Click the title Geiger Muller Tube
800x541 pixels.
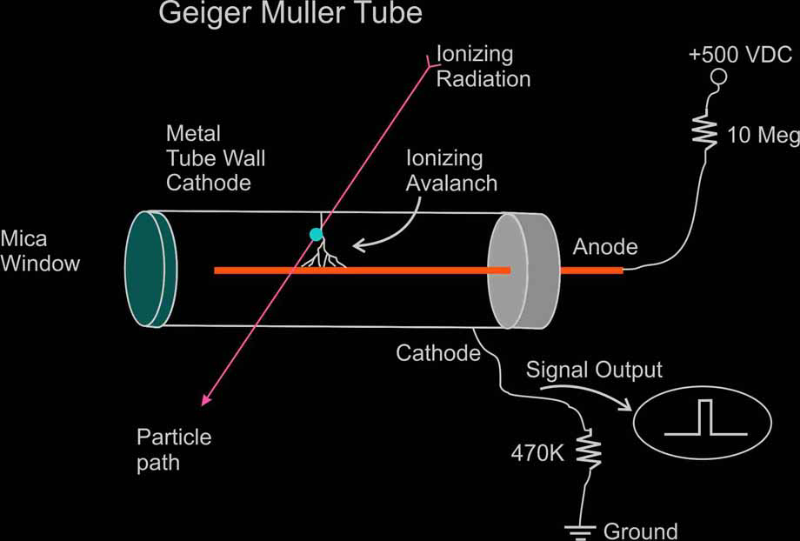tap(290, 14)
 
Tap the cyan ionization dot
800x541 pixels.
tap(316, 234)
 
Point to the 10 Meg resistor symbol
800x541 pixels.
tap(703, 133)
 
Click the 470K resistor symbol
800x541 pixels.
tap(590, 451)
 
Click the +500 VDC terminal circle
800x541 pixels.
tap(718, 79)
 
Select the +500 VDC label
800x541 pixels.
tap(740, 55)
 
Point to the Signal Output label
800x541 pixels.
tap(594, 370)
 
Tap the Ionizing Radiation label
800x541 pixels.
tap(483, 66)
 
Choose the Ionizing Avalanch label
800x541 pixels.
tap(451, 170)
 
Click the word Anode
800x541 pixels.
tap(605, 247)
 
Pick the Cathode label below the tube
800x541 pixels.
tap(438, 353)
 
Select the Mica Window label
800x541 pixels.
tap(40, 250)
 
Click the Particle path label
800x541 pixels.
tap(174, 449)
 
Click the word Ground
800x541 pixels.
tap(640, 530)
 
